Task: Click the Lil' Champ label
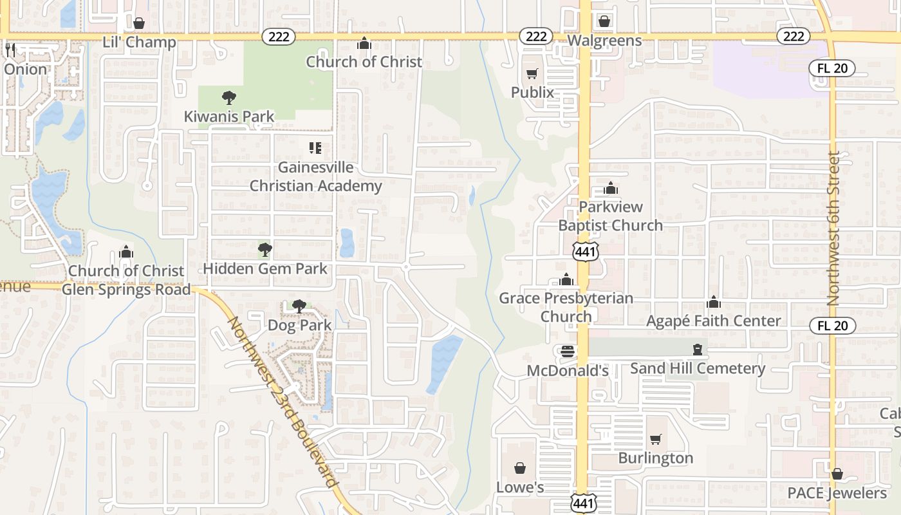coord(139,42)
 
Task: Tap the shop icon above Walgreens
coord(604,21)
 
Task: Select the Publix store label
coord(532,92)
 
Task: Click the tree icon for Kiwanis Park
coord(228,98)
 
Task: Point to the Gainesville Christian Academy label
coord(315,176)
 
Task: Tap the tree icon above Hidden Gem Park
coord(265,250)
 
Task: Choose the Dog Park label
coord(300,325)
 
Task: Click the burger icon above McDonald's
coord(567,351)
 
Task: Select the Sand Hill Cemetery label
coord(698,368)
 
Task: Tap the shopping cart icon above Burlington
coord(655,439)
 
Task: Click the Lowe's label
coord(520,487)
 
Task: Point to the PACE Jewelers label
coord(837,493)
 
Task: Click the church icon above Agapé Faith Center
coord(713,302)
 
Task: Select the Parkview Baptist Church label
coord(610,216)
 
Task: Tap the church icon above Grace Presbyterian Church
coord(566,280)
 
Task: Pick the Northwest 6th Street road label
coord(834,229)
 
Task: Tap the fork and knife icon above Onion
coord(10,50)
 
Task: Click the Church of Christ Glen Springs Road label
coord(126,280)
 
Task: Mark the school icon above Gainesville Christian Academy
coord(315,148)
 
